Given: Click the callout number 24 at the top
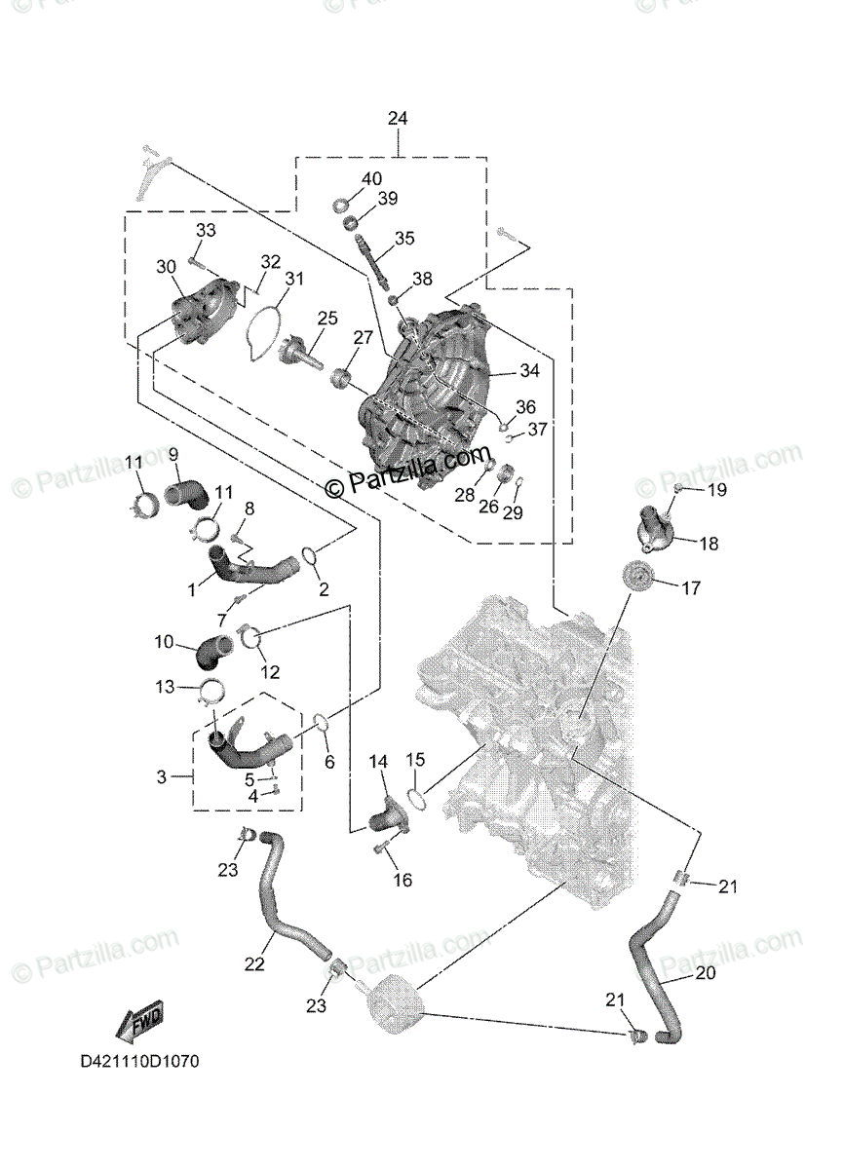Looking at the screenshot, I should (398, 118).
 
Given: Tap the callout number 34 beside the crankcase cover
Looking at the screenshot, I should (529, 371).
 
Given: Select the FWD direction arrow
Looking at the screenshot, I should (137, 1023).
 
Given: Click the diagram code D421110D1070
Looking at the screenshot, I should (139, 1062).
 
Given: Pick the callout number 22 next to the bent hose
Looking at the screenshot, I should (254, 964).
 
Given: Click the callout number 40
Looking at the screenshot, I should (372, 179).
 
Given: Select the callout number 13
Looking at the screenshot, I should (164, 687).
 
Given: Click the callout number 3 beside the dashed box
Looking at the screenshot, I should (162, 776).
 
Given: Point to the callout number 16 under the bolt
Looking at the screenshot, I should (403, 881).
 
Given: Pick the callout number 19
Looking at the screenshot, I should (716, 490).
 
